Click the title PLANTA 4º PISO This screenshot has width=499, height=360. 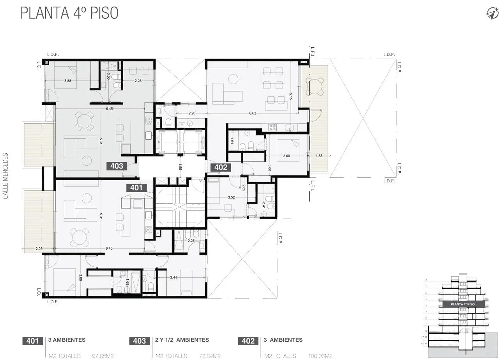(x=69, y=12)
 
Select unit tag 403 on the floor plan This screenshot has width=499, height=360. (x=117, y=166)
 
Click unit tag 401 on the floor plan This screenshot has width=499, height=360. (x=136, y=188)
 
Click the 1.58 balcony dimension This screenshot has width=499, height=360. (x=319, y=156)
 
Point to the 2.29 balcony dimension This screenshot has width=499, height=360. (x=38, y=248)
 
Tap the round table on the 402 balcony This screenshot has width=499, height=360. (x=315, y=86)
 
